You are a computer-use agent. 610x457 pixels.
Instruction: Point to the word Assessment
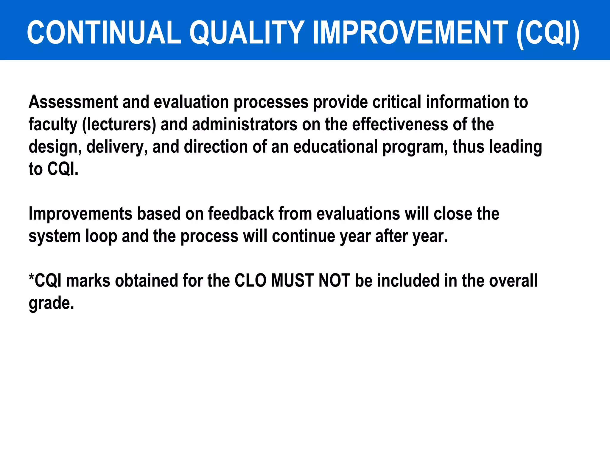click(73, 102)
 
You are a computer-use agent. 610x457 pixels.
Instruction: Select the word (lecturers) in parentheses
click(119, 124)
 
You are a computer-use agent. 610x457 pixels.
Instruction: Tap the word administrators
click(245, 124)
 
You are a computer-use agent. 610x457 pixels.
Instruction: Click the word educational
click(335, 147)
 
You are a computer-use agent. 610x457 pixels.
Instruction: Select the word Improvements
click(80, 214)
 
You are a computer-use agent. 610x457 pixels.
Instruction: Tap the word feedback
click(241, 214)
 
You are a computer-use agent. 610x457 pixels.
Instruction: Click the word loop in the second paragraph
click(101, 236)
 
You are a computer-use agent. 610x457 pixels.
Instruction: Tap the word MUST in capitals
click(292, 281)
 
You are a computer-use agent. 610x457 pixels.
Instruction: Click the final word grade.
click(51, 303)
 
